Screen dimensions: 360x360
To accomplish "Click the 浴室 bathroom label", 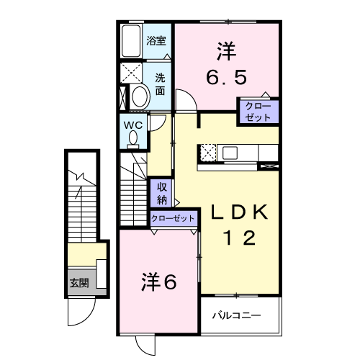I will tap(157, 41).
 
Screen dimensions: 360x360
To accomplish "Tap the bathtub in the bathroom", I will tap(132, 42).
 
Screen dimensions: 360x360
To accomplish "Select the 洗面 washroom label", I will tap(159, 85).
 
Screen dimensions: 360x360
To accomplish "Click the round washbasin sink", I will tap(138, 96).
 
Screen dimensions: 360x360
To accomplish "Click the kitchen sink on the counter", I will tap(230, 153).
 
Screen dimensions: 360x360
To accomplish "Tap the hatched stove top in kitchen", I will tap(207, 153).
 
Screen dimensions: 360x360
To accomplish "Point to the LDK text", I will tap(239, 212).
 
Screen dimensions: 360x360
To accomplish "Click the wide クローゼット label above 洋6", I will tap(174, 218).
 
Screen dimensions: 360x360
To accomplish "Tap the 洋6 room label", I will tap(158, 282).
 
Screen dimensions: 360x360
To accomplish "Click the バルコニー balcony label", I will tap(236, 315).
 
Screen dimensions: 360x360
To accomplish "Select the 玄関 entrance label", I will tap(79, 282).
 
